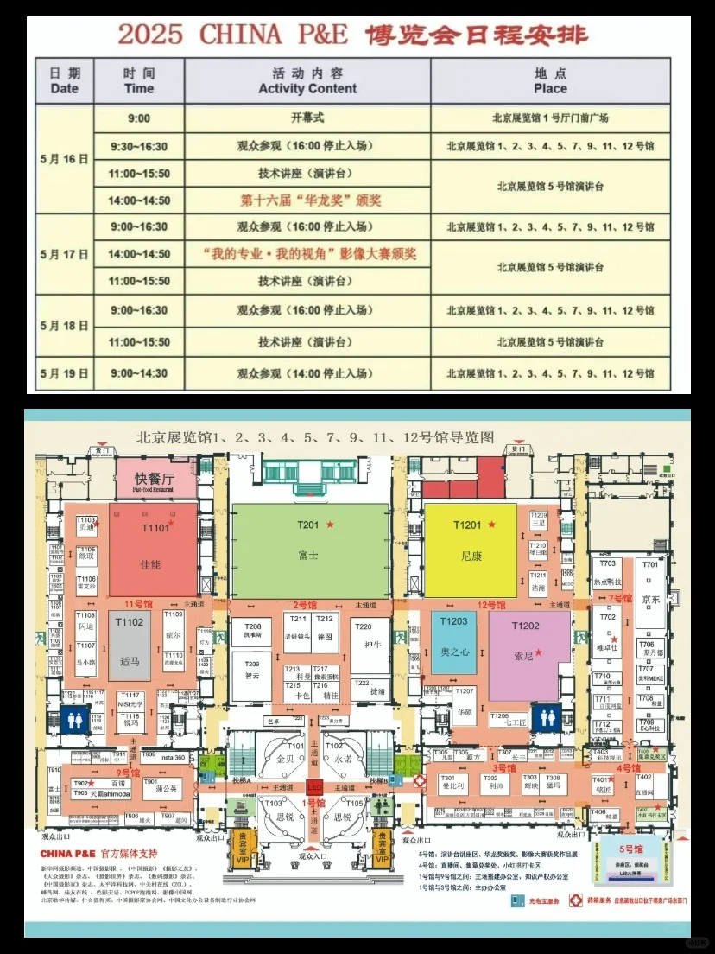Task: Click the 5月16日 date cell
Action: pos(65,159)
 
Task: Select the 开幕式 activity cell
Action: pos(307,118)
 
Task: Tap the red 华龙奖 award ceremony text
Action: pos(310,200)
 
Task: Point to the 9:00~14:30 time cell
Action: pos(138,373)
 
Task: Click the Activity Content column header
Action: pos(307,81)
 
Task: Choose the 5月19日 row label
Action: pos(65,373)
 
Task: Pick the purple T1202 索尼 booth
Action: pos(529,652)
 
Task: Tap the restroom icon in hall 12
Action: pos(547,719)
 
